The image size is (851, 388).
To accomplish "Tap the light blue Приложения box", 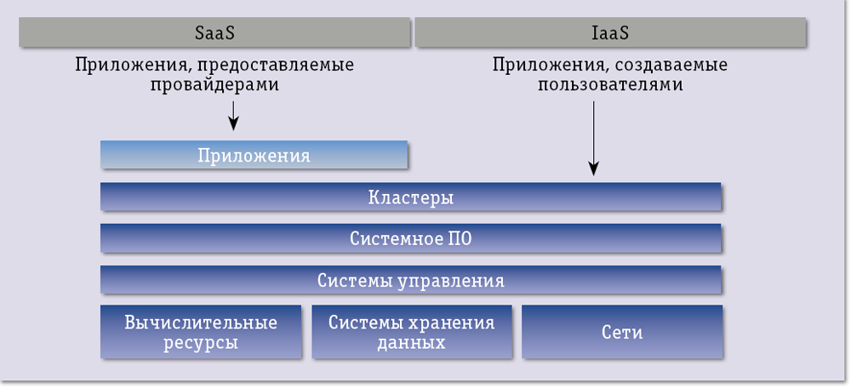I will click(254, 156).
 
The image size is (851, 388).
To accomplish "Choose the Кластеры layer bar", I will click(411, 197).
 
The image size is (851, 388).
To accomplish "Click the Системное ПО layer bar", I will click(411, 239).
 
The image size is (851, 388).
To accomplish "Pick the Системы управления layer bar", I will click(411, 280).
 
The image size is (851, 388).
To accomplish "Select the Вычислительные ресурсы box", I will click(201, 332).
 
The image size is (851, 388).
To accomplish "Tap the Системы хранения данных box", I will click(411, 332).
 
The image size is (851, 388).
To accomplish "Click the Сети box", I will click(621, 332).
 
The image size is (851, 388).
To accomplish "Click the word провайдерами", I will click(214, 85).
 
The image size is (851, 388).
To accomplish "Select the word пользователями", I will click(610, 85).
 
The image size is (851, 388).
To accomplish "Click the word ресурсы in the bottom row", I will click(201, 343).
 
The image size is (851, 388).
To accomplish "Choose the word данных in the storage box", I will click(411, 343).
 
